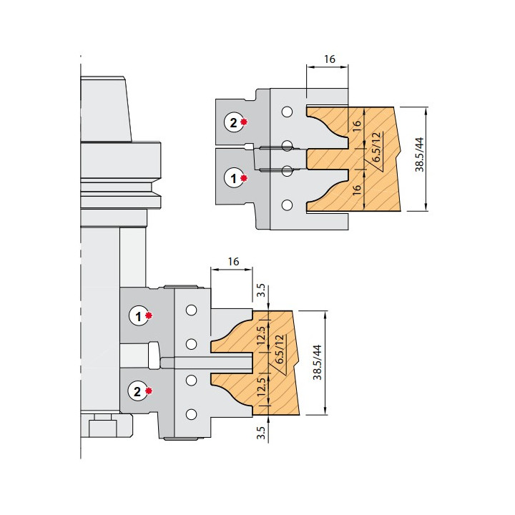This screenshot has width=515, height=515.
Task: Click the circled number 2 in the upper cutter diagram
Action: pos(233,123)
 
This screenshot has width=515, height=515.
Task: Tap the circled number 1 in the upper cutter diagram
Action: pos(233,178)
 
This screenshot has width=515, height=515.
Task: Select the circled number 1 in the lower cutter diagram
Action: pos(138,316)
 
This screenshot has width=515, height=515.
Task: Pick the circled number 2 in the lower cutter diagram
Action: pos(137,391)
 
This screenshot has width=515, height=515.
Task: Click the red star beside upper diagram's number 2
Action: pos(244,122)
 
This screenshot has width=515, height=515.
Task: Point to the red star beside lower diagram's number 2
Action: pos(149,391)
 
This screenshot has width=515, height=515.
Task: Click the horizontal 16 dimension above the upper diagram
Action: pos(330,59)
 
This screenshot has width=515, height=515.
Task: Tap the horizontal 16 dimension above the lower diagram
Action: pos(233,262)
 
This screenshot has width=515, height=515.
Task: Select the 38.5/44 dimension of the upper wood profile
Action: pos(420,154)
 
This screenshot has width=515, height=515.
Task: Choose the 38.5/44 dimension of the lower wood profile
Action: pos(318,362)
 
